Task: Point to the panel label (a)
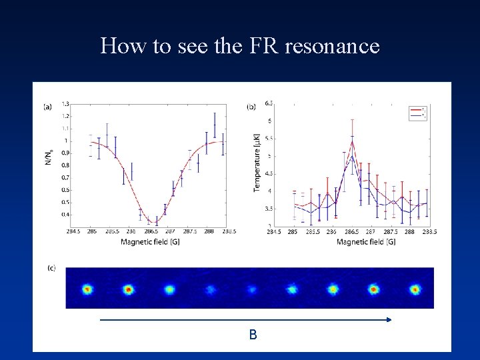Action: [47, 106]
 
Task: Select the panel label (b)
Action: [251, 106]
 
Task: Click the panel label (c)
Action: [51, 268]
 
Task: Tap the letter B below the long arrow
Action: [253, 335]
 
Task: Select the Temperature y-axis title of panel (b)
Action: [257, 163]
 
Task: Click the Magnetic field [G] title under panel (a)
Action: [149, 241]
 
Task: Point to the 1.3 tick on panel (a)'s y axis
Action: [65, 104]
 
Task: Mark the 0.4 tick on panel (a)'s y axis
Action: [65, 214]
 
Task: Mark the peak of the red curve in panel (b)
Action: [352, 141]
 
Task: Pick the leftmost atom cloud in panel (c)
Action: [87, 289]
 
